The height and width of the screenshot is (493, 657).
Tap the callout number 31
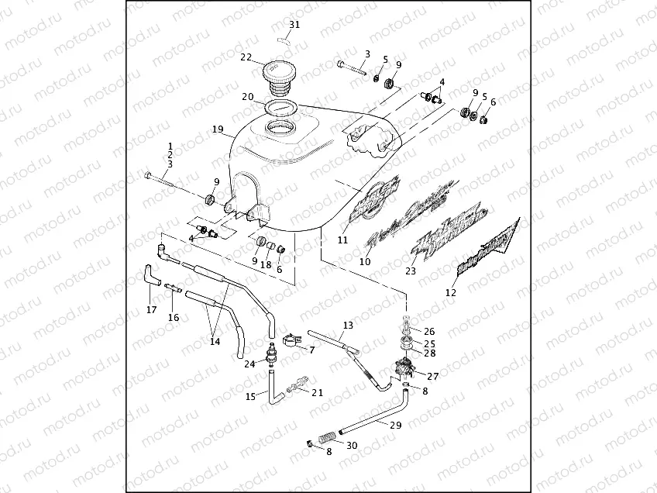click(x=293, y=25)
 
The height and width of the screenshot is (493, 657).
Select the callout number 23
click(x=411, y=271)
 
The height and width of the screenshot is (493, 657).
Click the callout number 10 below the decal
click(x=365, y=262)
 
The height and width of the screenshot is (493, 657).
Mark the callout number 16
click(x=174, y=317)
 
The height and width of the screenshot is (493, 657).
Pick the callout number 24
click(x=249, y=364)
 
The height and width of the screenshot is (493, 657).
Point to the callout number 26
click(x=429, y=331)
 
